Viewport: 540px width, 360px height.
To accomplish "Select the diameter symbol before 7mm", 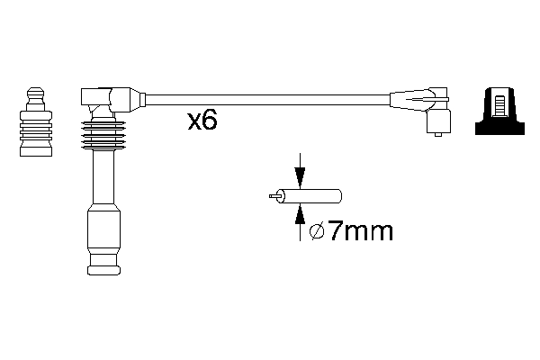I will pos(316,232).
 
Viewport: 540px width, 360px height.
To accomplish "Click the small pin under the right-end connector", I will pos(437,134).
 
